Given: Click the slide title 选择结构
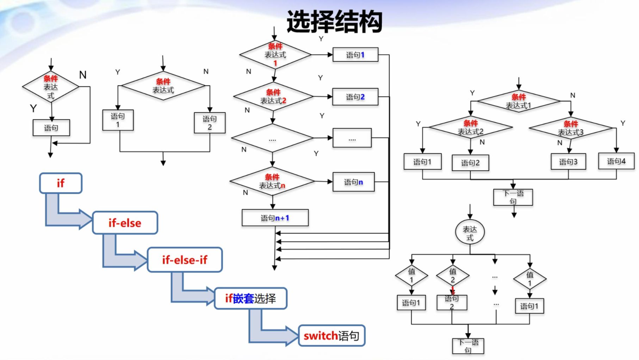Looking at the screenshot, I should (334, 22).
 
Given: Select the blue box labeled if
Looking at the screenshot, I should (61, 183).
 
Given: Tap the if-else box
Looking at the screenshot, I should (125, 223).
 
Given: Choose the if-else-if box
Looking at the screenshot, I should (185, 260).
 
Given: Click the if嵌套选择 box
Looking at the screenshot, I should (250, 298).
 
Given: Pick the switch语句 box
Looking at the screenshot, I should (331, 336).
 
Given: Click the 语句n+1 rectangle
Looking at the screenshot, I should (275, 218).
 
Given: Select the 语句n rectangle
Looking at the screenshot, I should (353, 182).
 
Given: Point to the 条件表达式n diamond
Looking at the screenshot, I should (272, 181).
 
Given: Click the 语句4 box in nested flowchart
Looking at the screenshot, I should (616, 161).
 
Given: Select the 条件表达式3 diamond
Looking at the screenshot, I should (571, 128).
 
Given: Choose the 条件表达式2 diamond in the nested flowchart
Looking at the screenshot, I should (470, 128).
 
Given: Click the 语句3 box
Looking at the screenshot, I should (568, 162).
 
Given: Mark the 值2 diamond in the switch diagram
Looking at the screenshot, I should (453, 275).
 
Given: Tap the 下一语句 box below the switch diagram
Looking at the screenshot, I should (468, 346).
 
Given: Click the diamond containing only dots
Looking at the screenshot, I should (272, 138).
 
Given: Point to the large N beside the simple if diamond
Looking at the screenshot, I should (83, 75).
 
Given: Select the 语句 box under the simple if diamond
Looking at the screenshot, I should (51, 128).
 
